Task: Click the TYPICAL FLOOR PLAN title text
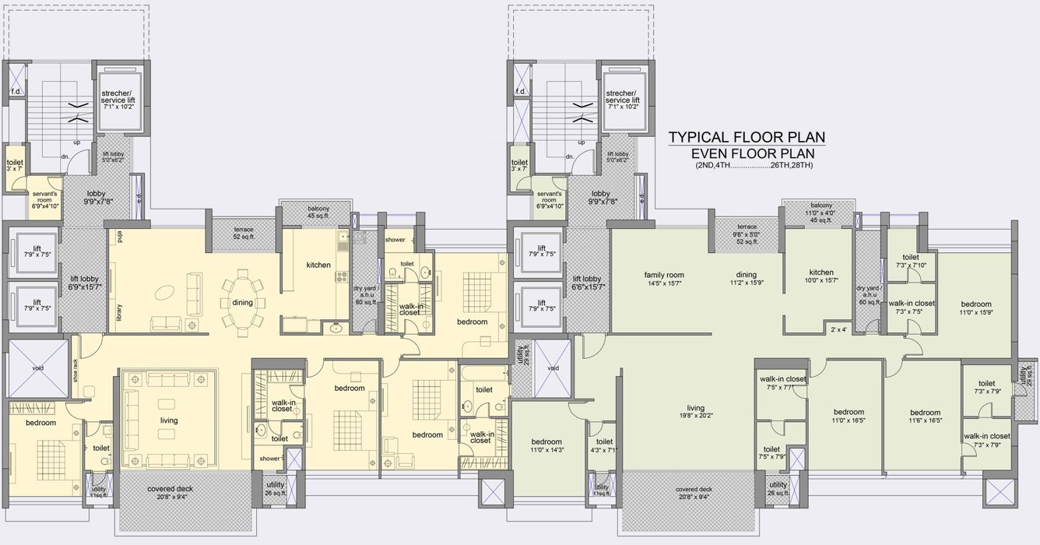pyautogui.click(x=747, y=138)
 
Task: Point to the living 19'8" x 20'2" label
pyautogui.click(x=695, y=412)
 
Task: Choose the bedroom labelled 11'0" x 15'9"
pyautogui.click(x=975, y=308)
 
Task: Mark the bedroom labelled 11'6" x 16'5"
pyautogui.click(x=924, y=416)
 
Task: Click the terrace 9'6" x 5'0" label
pyautogui.click(x=747, y=234)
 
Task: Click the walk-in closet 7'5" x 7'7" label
pyautogui.click(x=782, y=382)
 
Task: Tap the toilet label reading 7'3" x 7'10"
pyautogui.click(x=910, y=261)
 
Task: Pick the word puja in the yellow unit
pyautogui.click(x=121, y=233)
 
